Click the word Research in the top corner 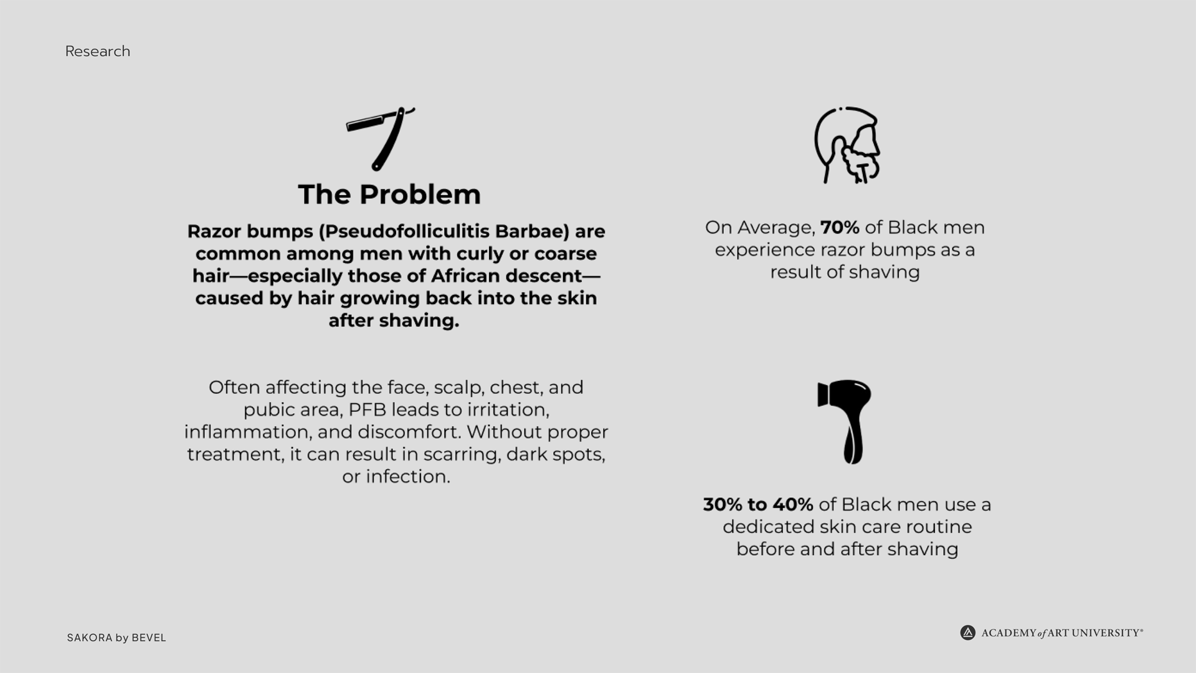pyautogui.click(x=98, y=51)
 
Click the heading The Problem pyautogui.click(x=389, y=194)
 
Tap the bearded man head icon pyautogui.click(x=847, y=145)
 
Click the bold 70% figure pyautogui.click(x=840, y=227)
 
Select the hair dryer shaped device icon pyautogui.click(x=845, y=422)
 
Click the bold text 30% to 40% pyautogui.click(x=758, y=504)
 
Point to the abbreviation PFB pyautogui.click(x=367, y=409)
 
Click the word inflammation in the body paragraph pyautogui.click(x=247, y=432)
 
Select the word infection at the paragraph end pyautogui.click(x=407, y=477)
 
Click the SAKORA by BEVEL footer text pyautogui.click(x=116, y=637)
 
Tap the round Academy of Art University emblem pyautogui.click(x=967, y=633)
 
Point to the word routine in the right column pyautogui.click(x=938, y=527)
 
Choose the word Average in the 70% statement pyautogui.click(x=776, y=228)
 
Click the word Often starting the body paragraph pyautogui.click(x=234, y=388)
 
